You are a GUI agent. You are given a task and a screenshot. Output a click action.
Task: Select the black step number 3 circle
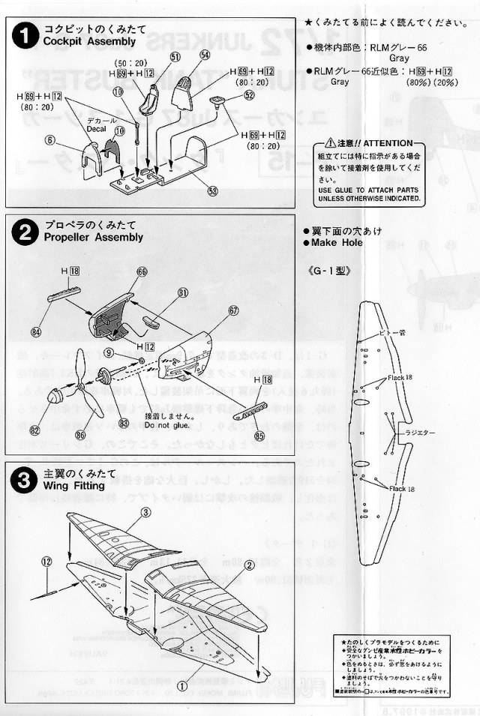pos(25,481)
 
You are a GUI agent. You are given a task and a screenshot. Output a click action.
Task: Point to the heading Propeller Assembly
pos(93,237)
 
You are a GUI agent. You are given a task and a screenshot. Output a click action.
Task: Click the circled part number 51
pos(175,56)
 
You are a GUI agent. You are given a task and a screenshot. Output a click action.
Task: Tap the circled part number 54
pos(205,55)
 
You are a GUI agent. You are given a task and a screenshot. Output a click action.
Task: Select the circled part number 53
pos(214,191)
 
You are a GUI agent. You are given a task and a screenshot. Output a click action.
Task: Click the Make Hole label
pos(335,242)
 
